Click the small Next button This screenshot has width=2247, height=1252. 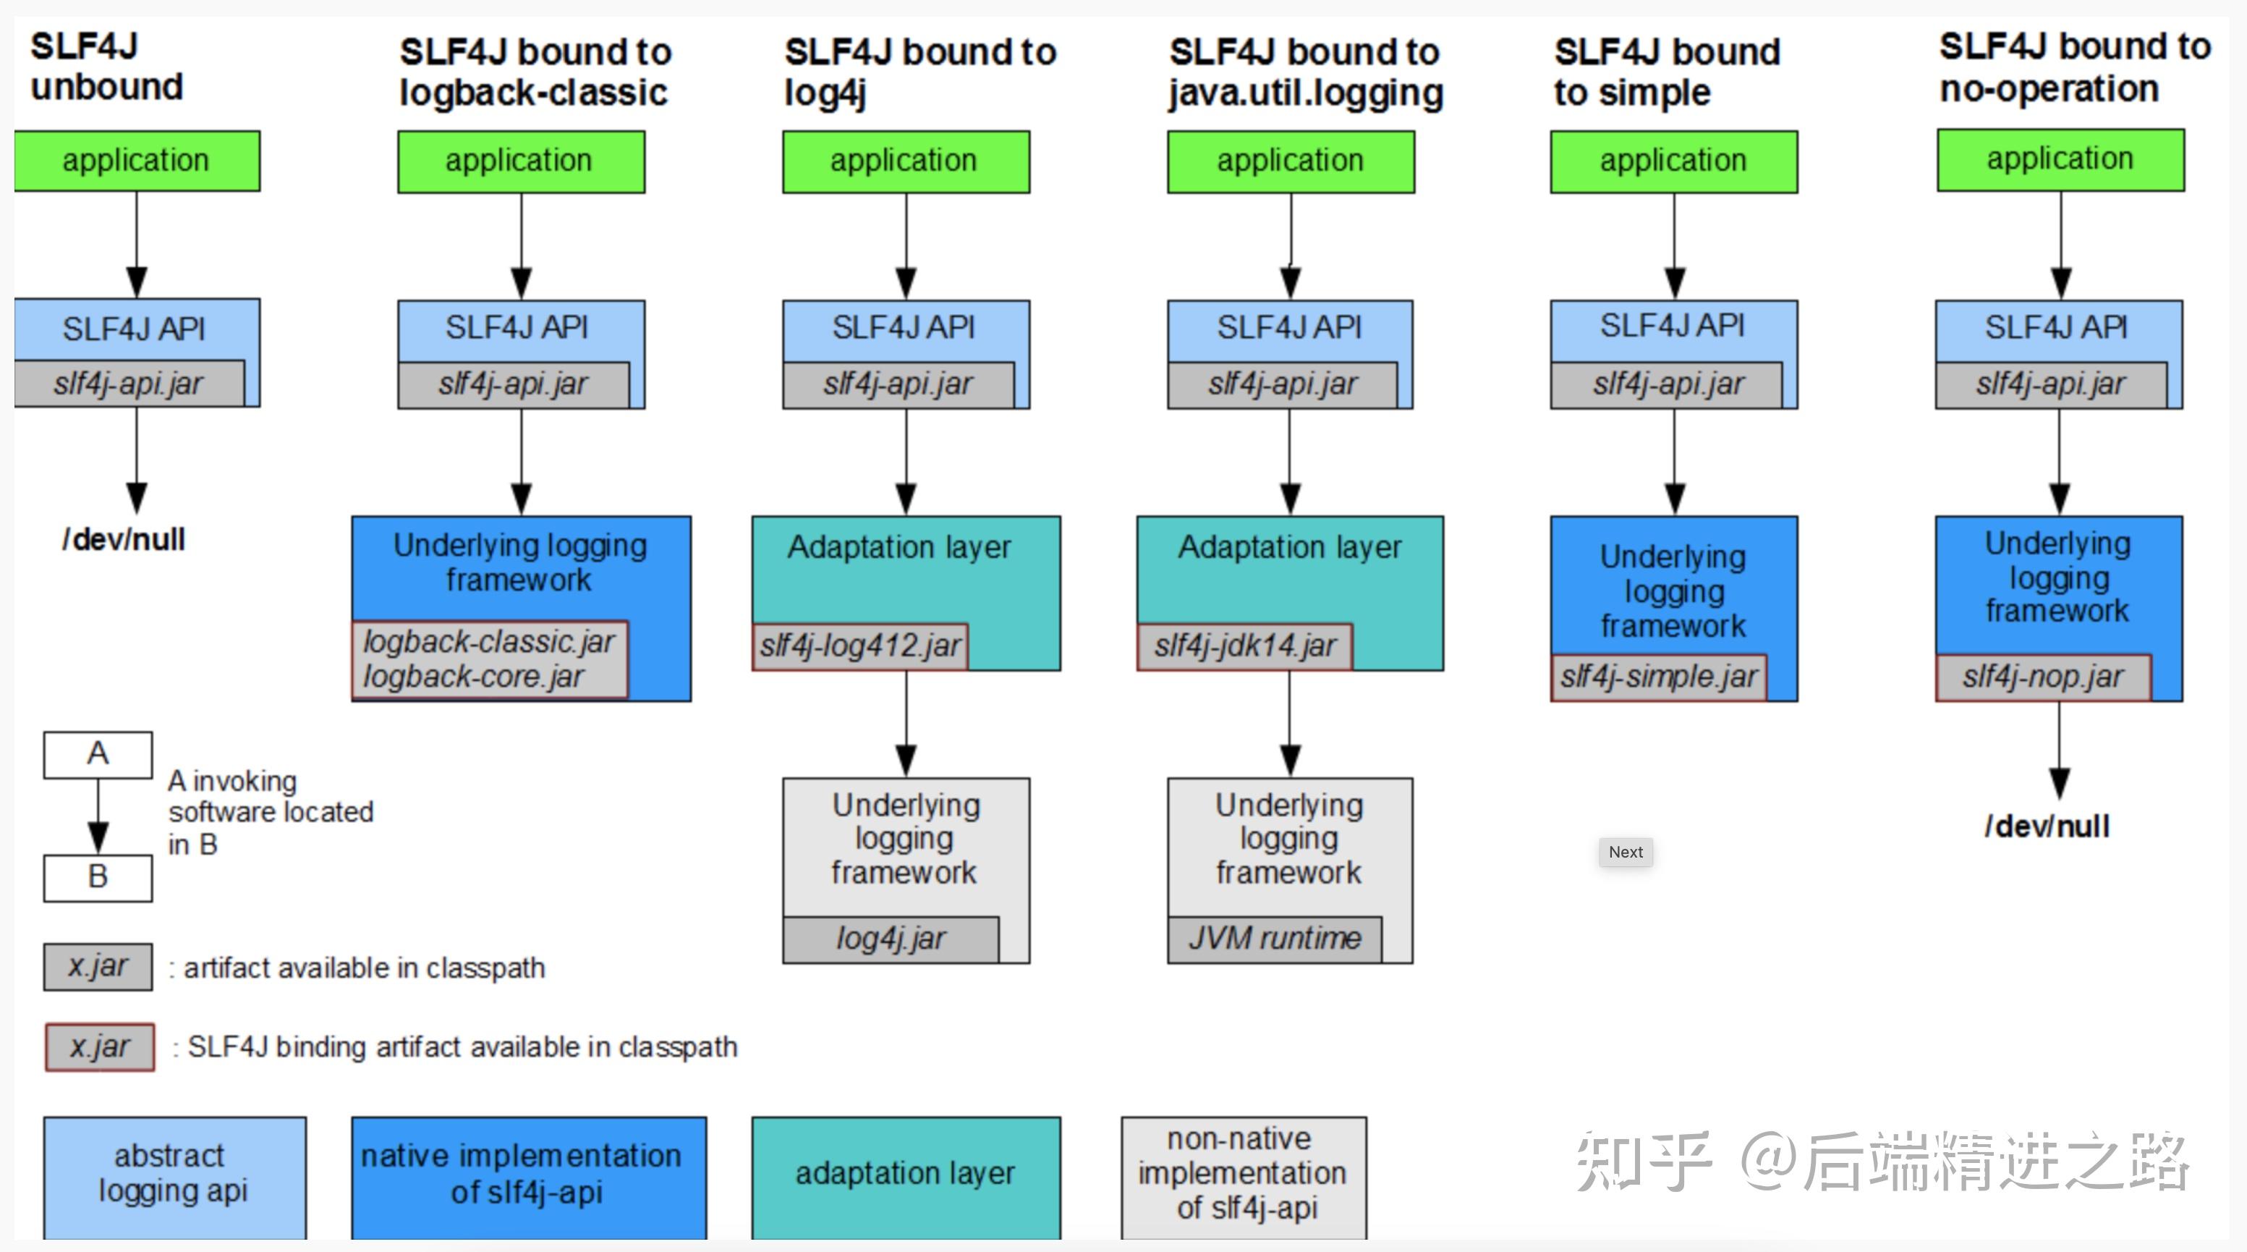(1625, 852)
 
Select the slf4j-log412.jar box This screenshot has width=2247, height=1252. (860, 646)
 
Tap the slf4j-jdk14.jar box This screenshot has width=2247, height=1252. (1245, 646)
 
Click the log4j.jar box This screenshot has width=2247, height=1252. (891, 939)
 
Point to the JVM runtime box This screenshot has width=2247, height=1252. (1275, 939)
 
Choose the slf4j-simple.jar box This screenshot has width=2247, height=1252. (1658, 677)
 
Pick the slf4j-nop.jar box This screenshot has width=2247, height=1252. (2043, 677)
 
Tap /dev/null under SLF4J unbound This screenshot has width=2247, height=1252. (124, 540)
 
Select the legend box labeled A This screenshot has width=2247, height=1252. (98, 754)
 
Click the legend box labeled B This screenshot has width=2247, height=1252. (98, 877)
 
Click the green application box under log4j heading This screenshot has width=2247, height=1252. (906, 161)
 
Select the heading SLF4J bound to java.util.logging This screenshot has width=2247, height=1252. (1306, 72)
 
